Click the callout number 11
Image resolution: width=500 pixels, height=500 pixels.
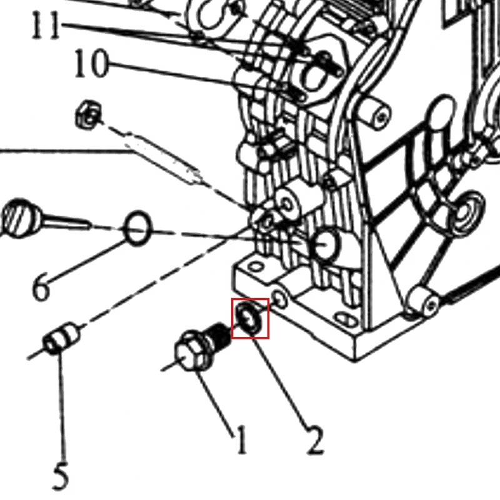46,26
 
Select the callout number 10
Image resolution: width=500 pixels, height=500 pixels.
91,63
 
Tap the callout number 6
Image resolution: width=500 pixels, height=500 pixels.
41,288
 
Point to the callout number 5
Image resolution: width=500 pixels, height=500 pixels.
61,476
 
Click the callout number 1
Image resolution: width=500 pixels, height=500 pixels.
241,440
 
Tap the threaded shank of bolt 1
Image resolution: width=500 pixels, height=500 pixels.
220,335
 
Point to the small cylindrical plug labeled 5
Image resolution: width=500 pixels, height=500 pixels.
61,339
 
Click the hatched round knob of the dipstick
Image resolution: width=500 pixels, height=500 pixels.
20,218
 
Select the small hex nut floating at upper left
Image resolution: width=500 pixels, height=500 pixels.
88,115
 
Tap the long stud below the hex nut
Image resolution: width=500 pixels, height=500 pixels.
162,159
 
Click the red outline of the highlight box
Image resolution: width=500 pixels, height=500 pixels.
232,318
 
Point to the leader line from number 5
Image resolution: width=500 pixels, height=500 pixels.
62,405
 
